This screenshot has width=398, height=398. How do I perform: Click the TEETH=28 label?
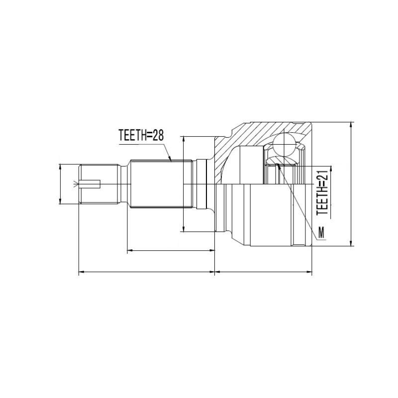(141, 135)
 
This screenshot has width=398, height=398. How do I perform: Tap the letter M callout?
(321, 232)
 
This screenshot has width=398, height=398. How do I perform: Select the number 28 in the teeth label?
(158, 135)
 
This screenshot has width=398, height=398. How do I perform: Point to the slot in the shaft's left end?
(90, 184)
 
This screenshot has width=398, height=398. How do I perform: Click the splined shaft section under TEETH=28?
(161, 184)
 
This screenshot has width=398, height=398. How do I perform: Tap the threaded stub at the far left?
(99, 184)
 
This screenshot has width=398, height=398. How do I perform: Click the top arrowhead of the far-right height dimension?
(351, 124)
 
